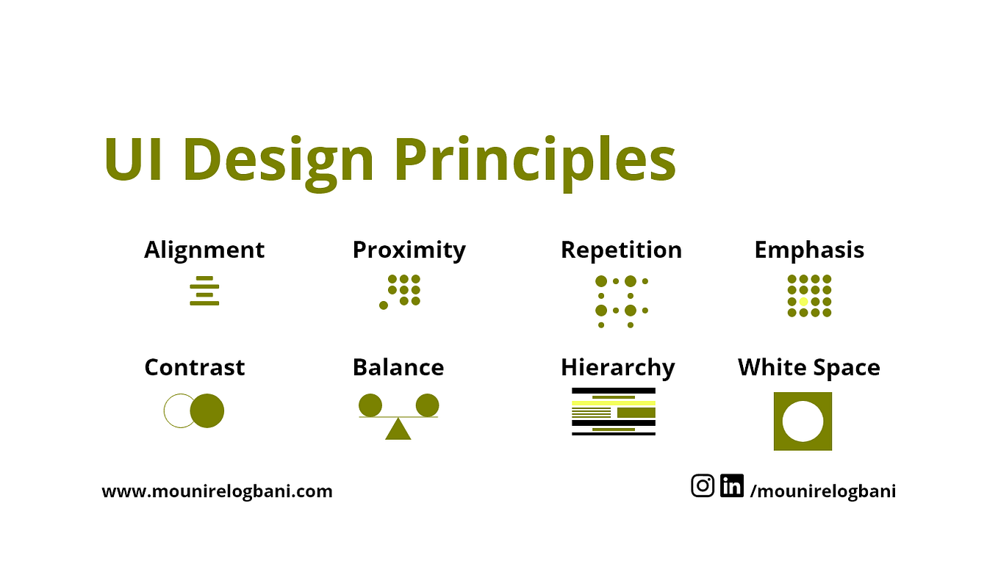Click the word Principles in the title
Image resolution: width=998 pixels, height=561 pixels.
click(x=535, y=160)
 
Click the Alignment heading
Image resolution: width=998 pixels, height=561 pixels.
click(x=204, y=250)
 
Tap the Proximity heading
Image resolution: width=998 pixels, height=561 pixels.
click(x=409, y=250)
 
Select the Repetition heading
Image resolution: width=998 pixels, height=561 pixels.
click(x=621, y=250)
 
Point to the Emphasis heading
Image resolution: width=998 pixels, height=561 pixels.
click(x=809, y=250)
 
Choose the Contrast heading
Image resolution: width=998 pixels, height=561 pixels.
click(x=195, y=367)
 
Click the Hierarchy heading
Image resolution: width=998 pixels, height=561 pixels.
click(x=617, y=367)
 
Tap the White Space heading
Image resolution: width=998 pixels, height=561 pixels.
click(x=808, y=367)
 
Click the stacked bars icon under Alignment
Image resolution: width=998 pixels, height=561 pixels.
click(x=204, y=291)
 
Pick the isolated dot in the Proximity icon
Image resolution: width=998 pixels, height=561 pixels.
click(x=384, y=305)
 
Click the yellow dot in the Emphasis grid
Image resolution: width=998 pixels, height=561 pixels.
click(x=803, y=302)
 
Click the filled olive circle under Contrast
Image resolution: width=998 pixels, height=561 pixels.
click(x=208, y=410)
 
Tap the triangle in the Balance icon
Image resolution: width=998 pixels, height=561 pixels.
click(x=398, y=430)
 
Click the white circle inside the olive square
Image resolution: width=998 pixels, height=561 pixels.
click(x=803, y=421)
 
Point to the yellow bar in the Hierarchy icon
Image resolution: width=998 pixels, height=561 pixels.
click(x=613, y=402)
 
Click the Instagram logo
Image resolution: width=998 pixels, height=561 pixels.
click(x=703, y=485)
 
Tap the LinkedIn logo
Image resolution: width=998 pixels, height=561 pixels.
click(x=731, y=485)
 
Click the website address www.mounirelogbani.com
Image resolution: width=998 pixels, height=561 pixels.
click(x=217, y=491)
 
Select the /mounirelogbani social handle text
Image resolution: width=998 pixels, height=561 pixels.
click(x=822, y=491)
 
